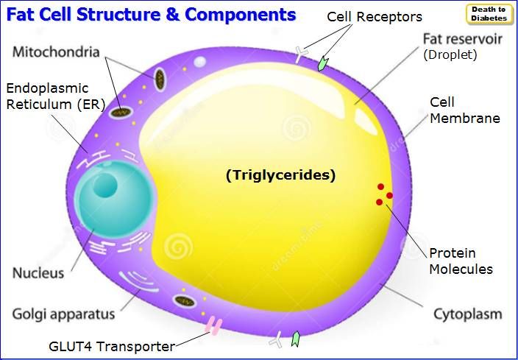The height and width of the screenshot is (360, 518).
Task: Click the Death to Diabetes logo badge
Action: pos(489,14)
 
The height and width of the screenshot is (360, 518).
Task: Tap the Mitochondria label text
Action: pos(56,52)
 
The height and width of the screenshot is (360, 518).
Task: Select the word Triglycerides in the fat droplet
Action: pos(280,174)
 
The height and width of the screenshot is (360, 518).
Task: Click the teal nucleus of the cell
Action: pos(114,199)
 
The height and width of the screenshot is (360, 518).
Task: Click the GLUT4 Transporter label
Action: pos(112,347)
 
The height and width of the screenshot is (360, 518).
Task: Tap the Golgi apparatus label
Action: pos(63,314)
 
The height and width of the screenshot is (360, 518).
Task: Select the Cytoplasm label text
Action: pos(467,314)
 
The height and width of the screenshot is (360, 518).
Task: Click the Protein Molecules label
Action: pos(461,261)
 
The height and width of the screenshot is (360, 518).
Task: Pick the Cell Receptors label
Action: pos(375,16)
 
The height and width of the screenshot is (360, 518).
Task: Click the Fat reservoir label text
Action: pos(463,39)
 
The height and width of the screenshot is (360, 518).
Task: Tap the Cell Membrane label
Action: pos(465,110)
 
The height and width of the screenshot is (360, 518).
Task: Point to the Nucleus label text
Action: pos(38,273)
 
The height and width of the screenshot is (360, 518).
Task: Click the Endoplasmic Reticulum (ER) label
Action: pos(55,96)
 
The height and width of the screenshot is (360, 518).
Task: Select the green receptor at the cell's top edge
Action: pos(323,63)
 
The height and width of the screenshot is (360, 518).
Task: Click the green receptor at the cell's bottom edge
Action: pos(295,339)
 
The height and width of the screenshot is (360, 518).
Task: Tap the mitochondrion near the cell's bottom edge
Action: pos(185,301)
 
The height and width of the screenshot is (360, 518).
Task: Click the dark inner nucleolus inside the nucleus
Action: pos(105,186)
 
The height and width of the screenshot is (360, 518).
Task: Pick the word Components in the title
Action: pos(240,14)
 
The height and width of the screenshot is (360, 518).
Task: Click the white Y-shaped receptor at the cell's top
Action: pos(301,54)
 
